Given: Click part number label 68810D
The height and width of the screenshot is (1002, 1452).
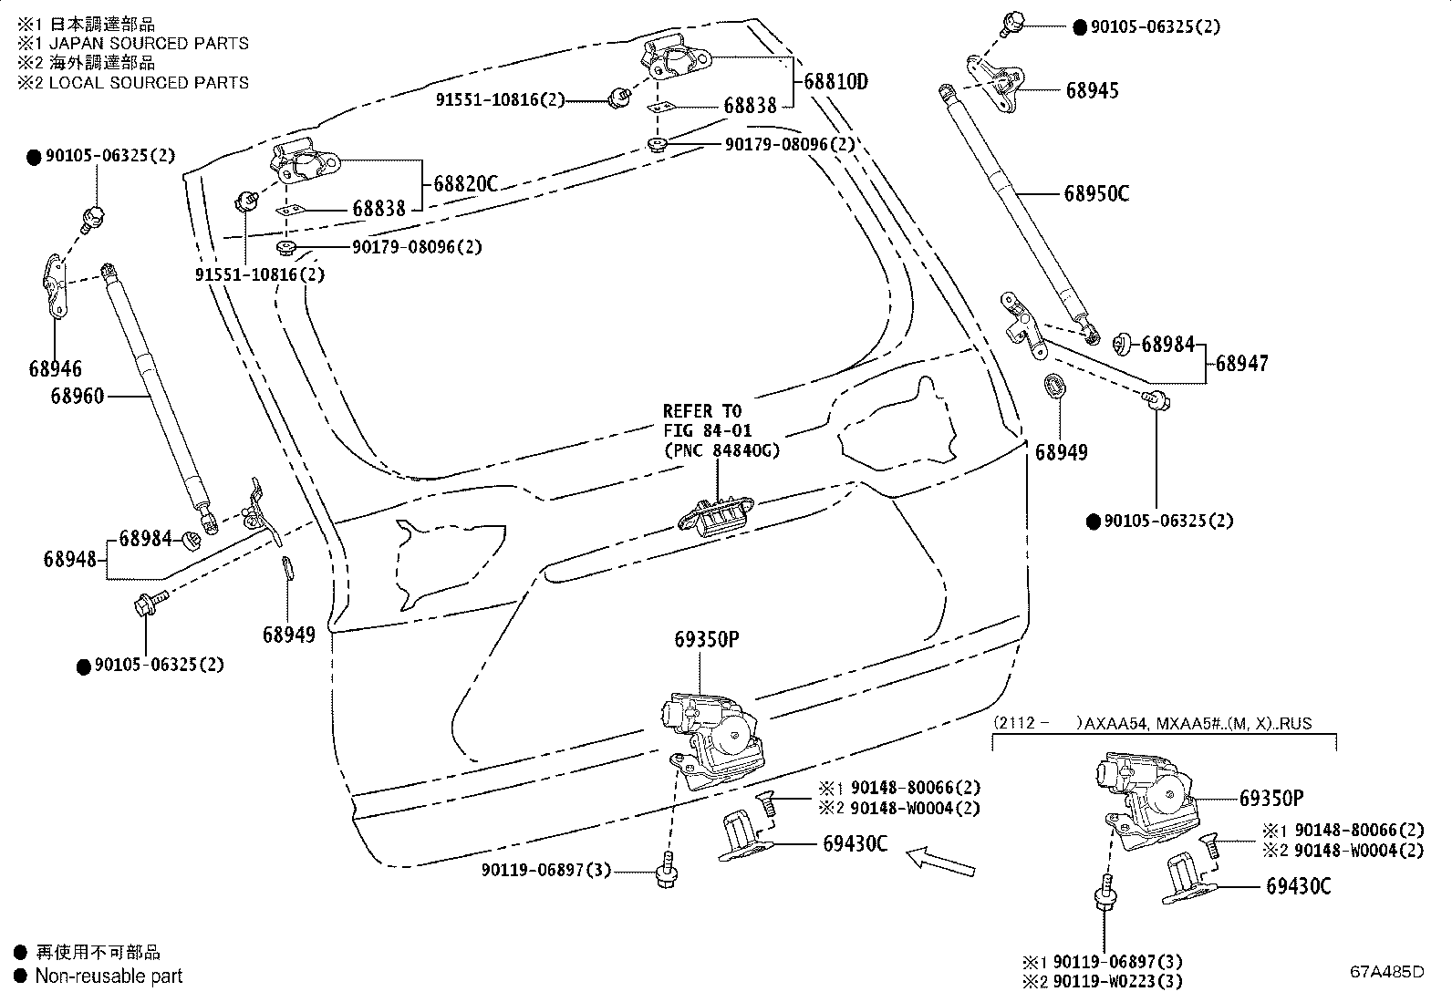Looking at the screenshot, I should pyautogui.click(x=836, y=82).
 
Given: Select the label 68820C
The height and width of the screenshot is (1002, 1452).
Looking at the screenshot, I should pyautogui.click(x=465, y=183).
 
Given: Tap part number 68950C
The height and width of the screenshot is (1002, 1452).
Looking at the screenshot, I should pyautogui.click(x=1096, y=194).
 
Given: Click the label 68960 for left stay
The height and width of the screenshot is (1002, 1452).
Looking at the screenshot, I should pyautogui.click(x=78, y=397).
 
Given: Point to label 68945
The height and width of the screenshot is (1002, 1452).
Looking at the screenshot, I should pyautogui.click(x=1092, y=91).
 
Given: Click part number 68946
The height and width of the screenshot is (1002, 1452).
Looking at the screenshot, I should pyautogui.click(x=55, y=369).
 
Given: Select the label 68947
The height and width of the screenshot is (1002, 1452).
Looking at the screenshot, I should pyautogui.click(x=1241, y=364).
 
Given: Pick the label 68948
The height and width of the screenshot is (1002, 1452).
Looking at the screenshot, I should pyautogui.click(x=69, y=559).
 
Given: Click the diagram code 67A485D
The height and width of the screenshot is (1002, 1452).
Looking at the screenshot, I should pyautogui.click(x=1387, y=971).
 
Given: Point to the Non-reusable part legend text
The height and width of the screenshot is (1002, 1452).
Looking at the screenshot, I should pyautogui.click(x=109, y=976).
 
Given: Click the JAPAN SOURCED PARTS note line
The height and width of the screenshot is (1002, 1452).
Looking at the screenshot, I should pyautogui.click(x=133, y=44).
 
